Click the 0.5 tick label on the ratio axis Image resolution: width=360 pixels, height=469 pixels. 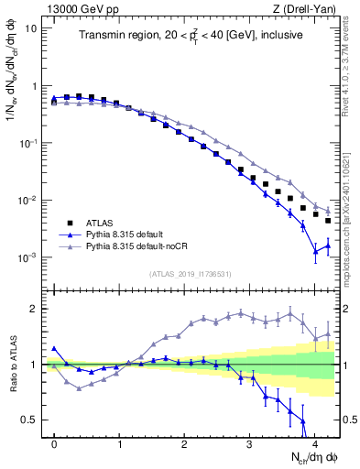(31, 420)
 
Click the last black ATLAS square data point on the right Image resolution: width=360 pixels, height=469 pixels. (328, 221)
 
